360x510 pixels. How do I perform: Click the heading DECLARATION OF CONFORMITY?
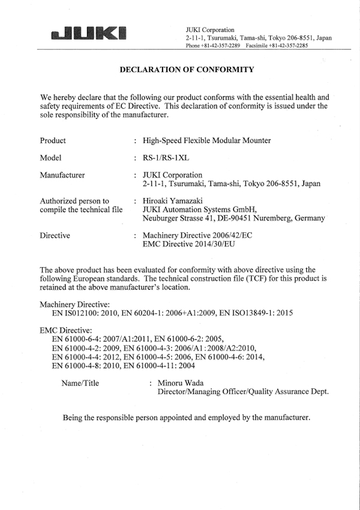click(x=187, y=70)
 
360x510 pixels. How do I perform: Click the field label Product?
click(x=53, y=141)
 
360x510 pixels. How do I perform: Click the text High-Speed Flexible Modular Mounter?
click(x=206, y=141)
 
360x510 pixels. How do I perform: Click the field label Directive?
click(x=55, y=236)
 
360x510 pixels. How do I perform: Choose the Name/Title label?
click(x=80, y=382)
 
